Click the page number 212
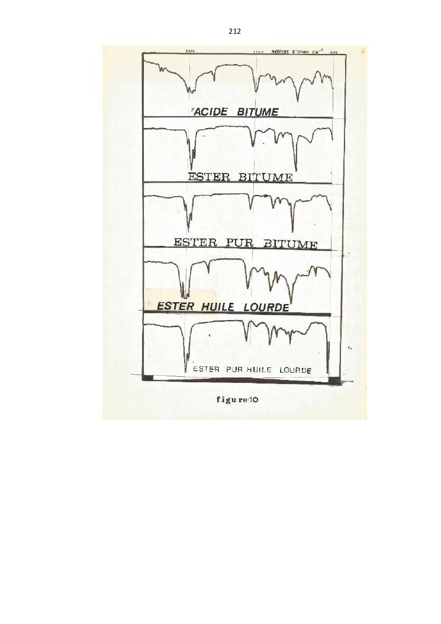234,31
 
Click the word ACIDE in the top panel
211,112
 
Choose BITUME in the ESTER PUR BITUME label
290,244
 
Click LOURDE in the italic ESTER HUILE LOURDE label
266,308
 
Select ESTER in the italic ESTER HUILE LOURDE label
175,306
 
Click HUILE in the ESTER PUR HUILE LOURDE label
259,370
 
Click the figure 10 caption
237,400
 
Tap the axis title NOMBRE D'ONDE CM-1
296,52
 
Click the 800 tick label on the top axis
334,52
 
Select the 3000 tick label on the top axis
190,52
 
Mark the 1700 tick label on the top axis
259,52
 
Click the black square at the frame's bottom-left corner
148,378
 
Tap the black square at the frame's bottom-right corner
334,380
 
